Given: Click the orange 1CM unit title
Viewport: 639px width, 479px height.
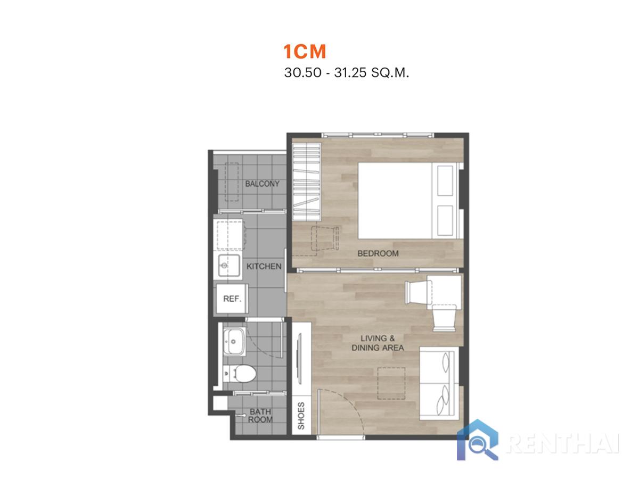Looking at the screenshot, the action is click(x=305, y=52).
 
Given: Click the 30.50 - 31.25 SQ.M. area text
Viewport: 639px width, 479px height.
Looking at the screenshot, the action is click(x=347, y=72).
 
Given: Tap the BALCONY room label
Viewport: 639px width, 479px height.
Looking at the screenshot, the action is click(x=262, y=184).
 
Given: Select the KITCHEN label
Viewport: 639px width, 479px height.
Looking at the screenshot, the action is click(x=264, y=266).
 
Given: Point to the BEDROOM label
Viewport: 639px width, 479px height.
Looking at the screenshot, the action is click(x=378, y=253).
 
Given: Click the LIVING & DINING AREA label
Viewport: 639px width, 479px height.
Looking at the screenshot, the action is click(x=378, y=343).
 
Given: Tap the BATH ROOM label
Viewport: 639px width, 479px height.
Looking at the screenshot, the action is click(x=260, y=416).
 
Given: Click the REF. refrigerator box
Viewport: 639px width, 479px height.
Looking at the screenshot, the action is click(x=232, y=299).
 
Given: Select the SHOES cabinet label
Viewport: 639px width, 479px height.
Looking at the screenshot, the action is click(x=301, y=416).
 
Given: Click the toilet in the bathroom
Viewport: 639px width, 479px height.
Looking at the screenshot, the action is click(x=240, y=374).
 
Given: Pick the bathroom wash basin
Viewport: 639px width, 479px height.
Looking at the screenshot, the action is click(x=235, y=341).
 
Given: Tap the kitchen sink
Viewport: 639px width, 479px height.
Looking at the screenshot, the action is click(x=229, y=266).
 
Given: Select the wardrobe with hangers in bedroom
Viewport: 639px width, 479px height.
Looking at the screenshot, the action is click(x=307, y=182).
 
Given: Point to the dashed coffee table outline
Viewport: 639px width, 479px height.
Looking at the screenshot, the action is click(x=391, y=383).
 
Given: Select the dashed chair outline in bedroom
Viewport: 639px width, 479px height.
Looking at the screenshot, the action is click(x=325, y=238).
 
